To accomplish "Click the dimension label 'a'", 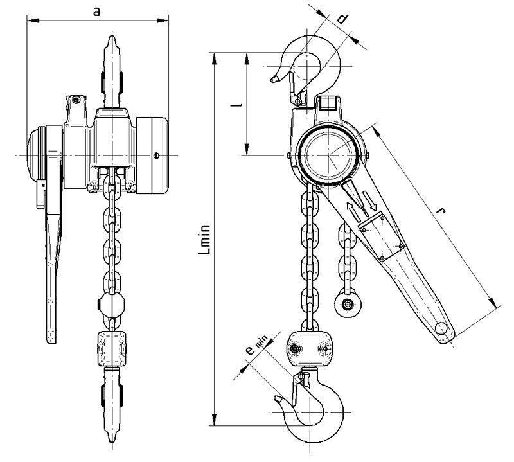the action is [96, 12].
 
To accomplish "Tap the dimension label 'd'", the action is [342, 19].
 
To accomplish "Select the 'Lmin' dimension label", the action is [204, 240].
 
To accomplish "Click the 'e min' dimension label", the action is [256, 346].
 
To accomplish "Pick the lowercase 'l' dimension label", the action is [236, 105].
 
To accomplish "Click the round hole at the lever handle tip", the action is [441, 328].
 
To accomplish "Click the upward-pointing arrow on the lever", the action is [353, 211].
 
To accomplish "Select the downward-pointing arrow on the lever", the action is [369, 200].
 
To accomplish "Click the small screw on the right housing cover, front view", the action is [156, 155].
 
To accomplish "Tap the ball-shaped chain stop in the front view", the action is [112, 305].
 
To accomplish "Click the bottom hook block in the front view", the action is [112, 349].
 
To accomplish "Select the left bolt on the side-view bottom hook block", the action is [294, 349].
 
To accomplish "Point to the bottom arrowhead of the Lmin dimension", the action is [214, 420].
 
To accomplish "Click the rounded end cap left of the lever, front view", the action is [36, 155].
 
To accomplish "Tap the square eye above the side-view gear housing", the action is [328, 104].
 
